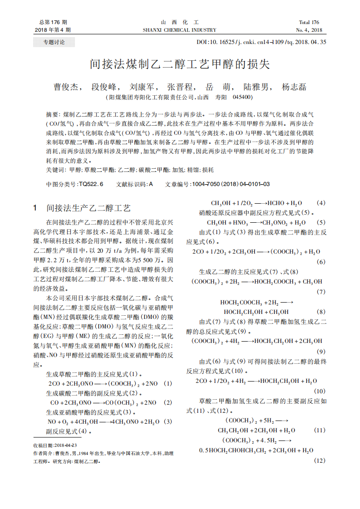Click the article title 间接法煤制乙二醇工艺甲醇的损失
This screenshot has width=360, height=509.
tap(180, 64)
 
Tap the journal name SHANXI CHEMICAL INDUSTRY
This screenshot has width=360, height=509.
tap(180, 30)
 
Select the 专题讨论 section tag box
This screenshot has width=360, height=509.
tap(54, 43)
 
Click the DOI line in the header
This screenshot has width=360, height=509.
tap(261, 42)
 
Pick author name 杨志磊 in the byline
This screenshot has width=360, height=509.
tap(294, 87)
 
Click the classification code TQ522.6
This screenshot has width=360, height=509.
tap(91, 184)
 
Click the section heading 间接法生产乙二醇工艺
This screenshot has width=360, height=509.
tap(89, 208)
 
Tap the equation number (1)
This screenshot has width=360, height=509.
tap(168, 384)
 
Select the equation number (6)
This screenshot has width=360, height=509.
tap(321, 262)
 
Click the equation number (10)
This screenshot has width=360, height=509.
tap(319, 391)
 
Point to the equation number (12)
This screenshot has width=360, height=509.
tap(320, 460)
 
